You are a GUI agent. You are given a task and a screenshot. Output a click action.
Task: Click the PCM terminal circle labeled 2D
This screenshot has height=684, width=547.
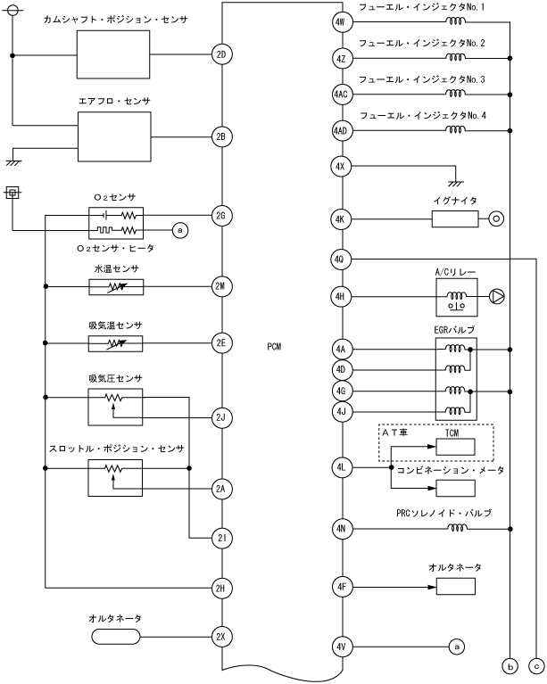tap(221, 54)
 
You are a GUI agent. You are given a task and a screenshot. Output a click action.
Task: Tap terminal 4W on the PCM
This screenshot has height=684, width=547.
tap(341, 21)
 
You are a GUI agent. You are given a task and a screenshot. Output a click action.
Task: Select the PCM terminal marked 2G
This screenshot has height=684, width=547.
tap(221, 216)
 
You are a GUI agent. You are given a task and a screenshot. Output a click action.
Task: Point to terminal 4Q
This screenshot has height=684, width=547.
tap(341, 260)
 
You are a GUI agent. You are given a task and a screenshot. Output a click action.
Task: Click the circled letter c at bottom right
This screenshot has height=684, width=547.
tap(536, 666)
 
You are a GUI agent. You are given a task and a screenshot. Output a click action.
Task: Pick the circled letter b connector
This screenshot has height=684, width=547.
tap(510, 666)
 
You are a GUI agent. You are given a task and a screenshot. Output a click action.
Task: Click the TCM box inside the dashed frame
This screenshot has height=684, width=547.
tap(455, 447)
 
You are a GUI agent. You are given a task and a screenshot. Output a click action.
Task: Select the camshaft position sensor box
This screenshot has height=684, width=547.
tap(113, 54)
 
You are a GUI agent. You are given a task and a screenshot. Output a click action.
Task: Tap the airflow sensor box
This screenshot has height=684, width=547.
tap(114, 136)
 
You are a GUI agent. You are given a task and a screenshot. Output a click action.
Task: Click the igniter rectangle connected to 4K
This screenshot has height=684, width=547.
tap(455, 218)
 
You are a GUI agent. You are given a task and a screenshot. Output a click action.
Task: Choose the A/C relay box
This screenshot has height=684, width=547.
tap(457, 298)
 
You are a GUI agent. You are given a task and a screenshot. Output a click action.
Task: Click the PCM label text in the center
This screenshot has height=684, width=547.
tap(274, 347)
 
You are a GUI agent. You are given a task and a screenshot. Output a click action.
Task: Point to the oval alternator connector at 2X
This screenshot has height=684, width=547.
tap(116, 637)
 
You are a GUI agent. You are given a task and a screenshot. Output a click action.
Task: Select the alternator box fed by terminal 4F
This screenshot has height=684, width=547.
tap(456, 587)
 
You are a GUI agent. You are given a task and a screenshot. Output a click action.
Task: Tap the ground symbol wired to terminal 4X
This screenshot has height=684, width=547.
tap(456, 183)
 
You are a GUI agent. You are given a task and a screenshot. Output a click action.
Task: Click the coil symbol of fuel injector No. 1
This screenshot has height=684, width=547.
tap(455, 21)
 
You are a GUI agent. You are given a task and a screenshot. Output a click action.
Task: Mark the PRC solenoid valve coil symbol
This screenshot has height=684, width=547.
tap(457, 527)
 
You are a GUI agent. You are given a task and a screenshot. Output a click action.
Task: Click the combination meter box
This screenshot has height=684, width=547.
tap(455, 488)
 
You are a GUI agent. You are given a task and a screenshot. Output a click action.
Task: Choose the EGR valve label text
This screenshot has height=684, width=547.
tap(454, 330)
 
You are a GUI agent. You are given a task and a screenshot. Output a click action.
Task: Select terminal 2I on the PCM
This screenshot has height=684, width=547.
tap(221, 538)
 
